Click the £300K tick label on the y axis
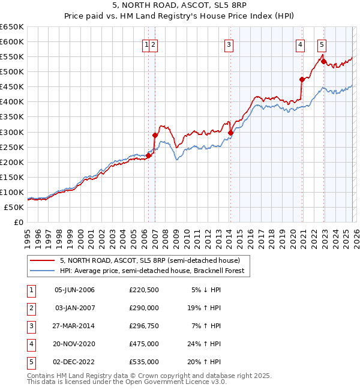point(11,132)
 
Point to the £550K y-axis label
point(11,57)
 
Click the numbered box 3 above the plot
point(229,43)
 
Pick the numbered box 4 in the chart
point(300,43)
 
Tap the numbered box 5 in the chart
point(322,43)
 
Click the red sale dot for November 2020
point(302,79)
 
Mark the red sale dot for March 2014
point(230,133)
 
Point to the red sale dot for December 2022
point(323,61)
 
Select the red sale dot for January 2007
point(155,135)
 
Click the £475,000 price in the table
point(144,344)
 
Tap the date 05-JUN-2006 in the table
point(74,290)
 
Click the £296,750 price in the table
point(144,326)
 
